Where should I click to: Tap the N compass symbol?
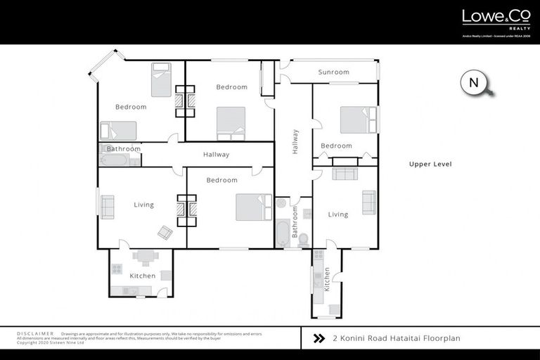coord(474,83)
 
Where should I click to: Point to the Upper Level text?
coord(430,164)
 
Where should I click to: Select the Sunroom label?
coord(333,72)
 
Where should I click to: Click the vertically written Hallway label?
coord(295,141)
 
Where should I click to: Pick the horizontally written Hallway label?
coord(216,155)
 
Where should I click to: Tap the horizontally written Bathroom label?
coord(124,149)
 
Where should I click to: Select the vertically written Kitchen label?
coord(327,279)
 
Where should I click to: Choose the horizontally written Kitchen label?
coord(142,276)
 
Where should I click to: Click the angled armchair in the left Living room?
coord(165,232)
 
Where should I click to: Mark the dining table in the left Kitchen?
coord(146,257)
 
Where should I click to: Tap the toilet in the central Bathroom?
coord(304,240)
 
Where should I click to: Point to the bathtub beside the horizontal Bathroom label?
coord(115,160)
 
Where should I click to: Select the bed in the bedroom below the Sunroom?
coord(355,120)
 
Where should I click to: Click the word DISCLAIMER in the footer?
coord(34,333)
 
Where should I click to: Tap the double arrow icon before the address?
coord(319,338)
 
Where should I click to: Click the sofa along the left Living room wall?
coord(107,207)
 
